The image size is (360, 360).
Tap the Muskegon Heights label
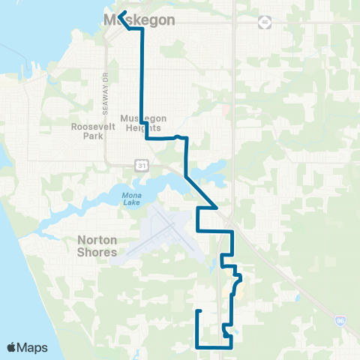(x=144, y=124)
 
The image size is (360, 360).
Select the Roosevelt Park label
(x=91, y=132)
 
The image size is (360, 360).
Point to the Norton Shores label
(x=97, y=247)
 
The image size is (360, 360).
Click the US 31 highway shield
(x=141, y=163)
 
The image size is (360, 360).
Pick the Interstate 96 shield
(x=341, y=321)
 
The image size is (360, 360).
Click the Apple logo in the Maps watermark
(x=12, y=347)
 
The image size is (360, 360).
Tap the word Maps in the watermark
(x=33, y=347)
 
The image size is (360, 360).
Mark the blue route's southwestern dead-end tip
(x=199, y=310)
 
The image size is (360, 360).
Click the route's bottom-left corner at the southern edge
(x=197, y=347)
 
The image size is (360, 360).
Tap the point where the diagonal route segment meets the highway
(x=217, y=208)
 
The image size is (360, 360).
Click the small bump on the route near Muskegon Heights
(x=178, y=136)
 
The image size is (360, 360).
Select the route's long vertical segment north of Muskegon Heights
(x=142, y=82)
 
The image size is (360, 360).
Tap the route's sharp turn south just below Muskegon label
(x=141, y=30)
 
